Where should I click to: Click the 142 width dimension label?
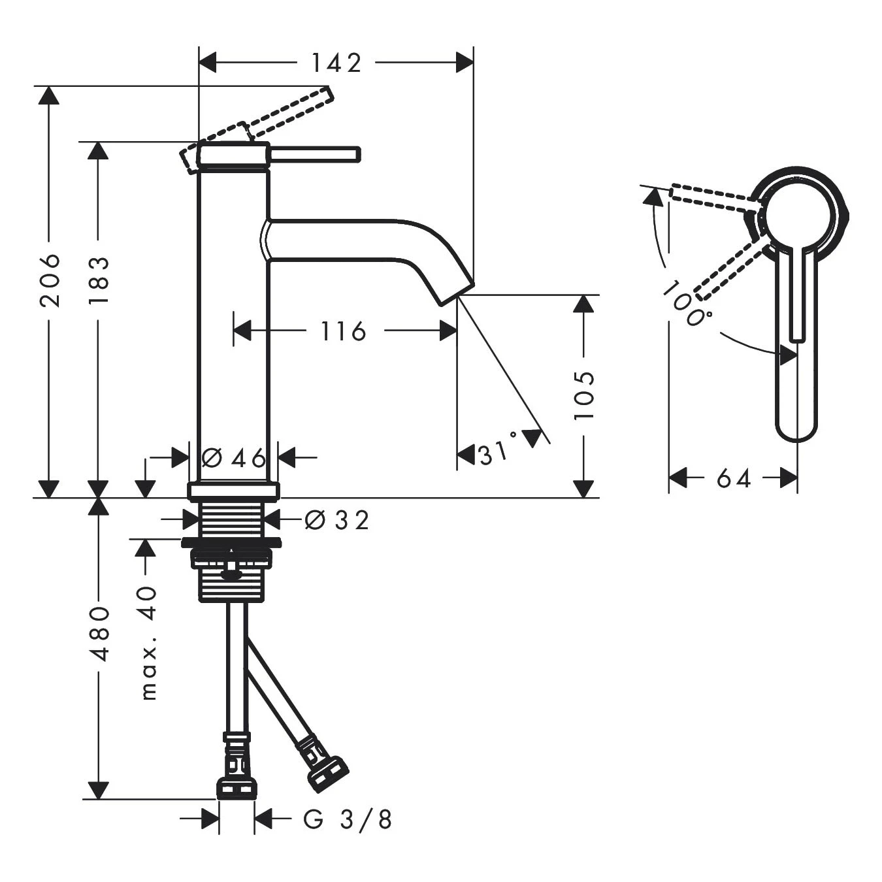click(336, 63)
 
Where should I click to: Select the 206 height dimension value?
click(50, 280)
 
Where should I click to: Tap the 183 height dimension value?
click(99, 280)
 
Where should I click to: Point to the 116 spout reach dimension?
click(343, 331)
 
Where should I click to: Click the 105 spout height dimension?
click(584, 395)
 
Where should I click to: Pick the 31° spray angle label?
click(497, 452)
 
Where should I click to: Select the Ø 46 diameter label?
click(234, 458)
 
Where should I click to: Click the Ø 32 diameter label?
click(337, 520)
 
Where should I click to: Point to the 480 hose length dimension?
click(99, 634)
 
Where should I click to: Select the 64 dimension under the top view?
click(733, 479)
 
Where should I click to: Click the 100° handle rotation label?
click(686, 304)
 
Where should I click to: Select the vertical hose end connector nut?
click(236, 787)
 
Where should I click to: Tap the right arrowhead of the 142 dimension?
click(465, 63)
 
